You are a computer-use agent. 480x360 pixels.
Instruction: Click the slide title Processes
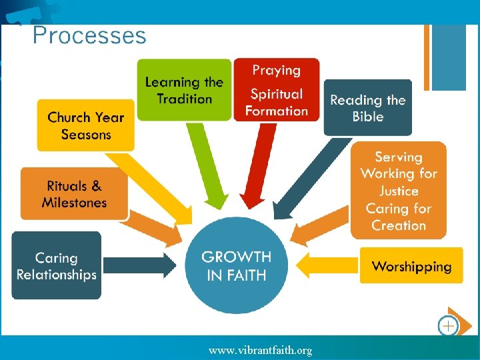click(x=89, y=35)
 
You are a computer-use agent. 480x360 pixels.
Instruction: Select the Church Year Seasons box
click(x=85, y=125)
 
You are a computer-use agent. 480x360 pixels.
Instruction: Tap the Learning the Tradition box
click(x=184, y=91)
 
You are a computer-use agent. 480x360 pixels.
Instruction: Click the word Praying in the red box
click(x=276, y=70)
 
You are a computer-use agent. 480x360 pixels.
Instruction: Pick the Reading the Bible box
click(x=368, y=108)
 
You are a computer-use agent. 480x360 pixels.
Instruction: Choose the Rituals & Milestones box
click(x=74, y=194)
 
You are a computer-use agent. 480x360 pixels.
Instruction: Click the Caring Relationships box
click(x=56, y=266)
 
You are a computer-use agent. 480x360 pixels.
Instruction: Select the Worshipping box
click(x=411, y=267)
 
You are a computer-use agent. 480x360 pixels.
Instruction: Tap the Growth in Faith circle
click(x=237, y=265)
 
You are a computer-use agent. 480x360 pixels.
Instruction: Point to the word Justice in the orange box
click(x=399, y=191)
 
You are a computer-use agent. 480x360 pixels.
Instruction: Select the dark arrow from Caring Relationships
click(x=139, y=265)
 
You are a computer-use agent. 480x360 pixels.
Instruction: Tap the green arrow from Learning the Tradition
click(x=207, y=167)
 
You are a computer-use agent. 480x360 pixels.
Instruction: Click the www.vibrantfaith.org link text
click(x=260, y=350)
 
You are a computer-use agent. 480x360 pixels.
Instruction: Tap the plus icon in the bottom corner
click(x=449, y=326)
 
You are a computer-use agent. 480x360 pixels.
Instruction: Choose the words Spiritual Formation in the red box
click(x=276, y=103)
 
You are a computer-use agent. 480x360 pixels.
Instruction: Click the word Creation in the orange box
click(x=399, y=225)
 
